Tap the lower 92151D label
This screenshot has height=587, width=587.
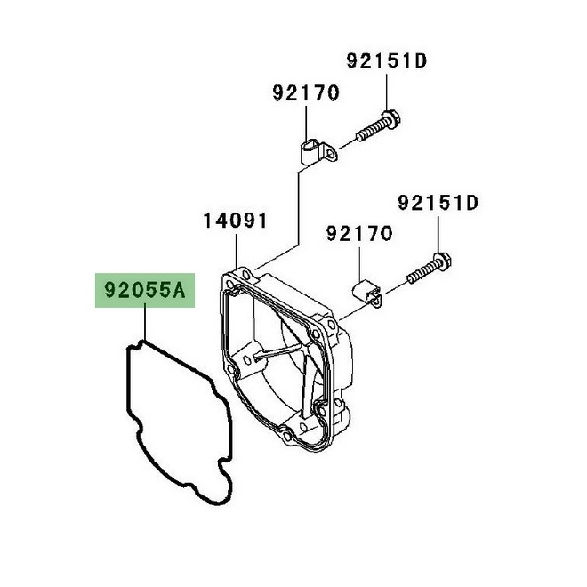tap(438, 204)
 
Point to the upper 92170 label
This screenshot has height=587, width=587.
tap(306, 92)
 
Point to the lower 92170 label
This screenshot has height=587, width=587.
tap(358, 234)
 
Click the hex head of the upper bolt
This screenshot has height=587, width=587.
tap(391, 118)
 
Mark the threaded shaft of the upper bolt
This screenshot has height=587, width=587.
tap(367, 134)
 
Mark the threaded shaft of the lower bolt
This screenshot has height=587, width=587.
tap(418, 276)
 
